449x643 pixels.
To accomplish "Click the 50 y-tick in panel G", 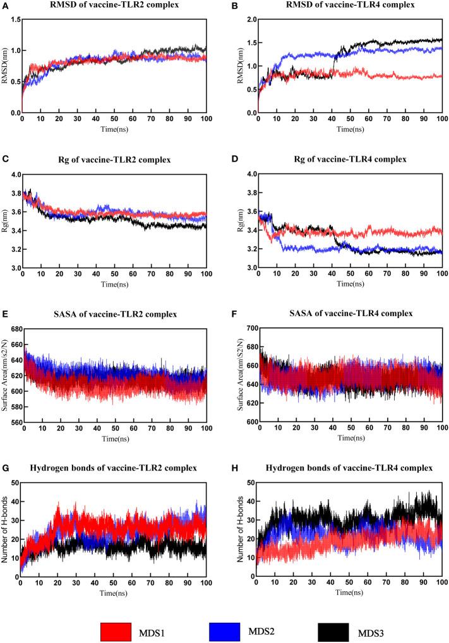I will click(x=15, y=483).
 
